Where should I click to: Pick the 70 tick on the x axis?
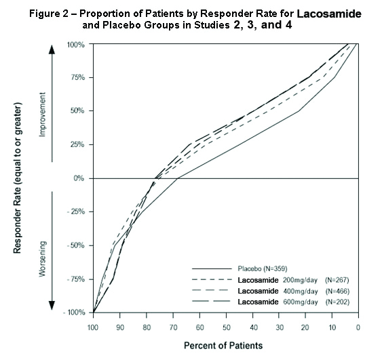pyautogui.click(x=173, y=326)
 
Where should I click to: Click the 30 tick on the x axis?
pyautogui.click(x=279, y=326)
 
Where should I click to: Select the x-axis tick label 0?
pyautogui.click(x=358, y=326)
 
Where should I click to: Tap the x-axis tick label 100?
pyautogui.click(x=94, y=326)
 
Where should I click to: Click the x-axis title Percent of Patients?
pyautogui.click(x=224, y=345)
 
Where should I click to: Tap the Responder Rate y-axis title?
pyautogui.click(x=18, y=179)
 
